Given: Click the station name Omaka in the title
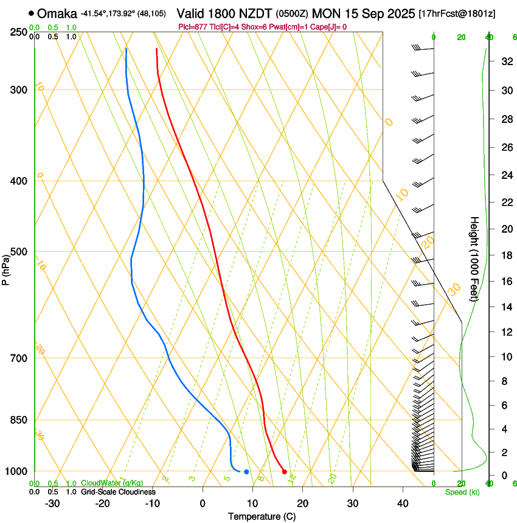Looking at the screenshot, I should click(x=57, y=13).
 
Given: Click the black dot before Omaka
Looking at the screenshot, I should click(x=31, y=13).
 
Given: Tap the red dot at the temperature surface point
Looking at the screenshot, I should click(x=284, y=471).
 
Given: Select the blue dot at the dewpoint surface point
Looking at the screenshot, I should click(x=246, y=471).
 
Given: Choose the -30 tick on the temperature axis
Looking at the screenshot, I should click(x=52, y=504).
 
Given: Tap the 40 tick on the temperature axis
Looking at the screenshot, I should click(x=402, y=504).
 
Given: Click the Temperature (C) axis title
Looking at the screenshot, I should click(x=262, y=516).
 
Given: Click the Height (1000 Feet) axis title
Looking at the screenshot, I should click(x=474, y=258).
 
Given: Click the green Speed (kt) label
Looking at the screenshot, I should click(x=462, y=492).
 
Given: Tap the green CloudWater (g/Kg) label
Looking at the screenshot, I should click(x=113, y=483).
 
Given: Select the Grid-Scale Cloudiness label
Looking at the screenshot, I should click(x=118, y=492).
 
